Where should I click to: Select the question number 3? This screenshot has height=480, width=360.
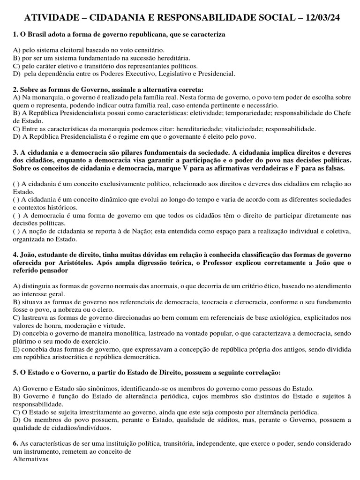[15, 152]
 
